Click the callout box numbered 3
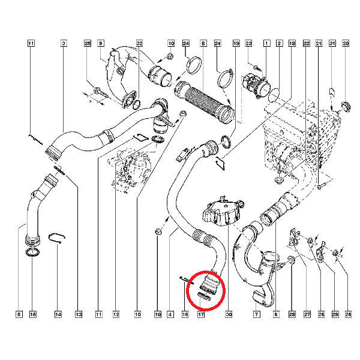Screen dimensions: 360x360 (64, 43)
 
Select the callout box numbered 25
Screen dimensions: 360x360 (88, 43)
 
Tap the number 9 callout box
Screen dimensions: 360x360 (101, 43)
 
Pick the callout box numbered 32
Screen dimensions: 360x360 (140, 43)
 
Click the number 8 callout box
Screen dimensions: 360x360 (203, 43)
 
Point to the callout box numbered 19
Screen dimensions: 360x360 (236, 43)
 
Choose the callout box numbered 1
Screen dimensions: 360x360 (266, 43)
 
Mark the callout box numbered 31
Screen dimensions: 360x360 (332, 43)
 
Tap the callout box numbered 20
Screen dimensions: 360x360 (346, 43)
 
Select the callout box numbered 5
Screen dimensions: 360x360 (19, 314)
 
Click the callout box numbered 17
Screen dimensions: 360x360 (201, 314)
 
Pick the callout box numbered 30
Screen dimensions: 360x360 (229, 314)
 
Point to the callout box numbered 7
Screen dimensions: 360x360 (256, 314)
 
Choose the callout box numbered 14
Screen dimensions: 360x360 (58, 314)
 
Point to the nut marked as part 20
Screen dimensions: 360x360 (345, 106)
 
